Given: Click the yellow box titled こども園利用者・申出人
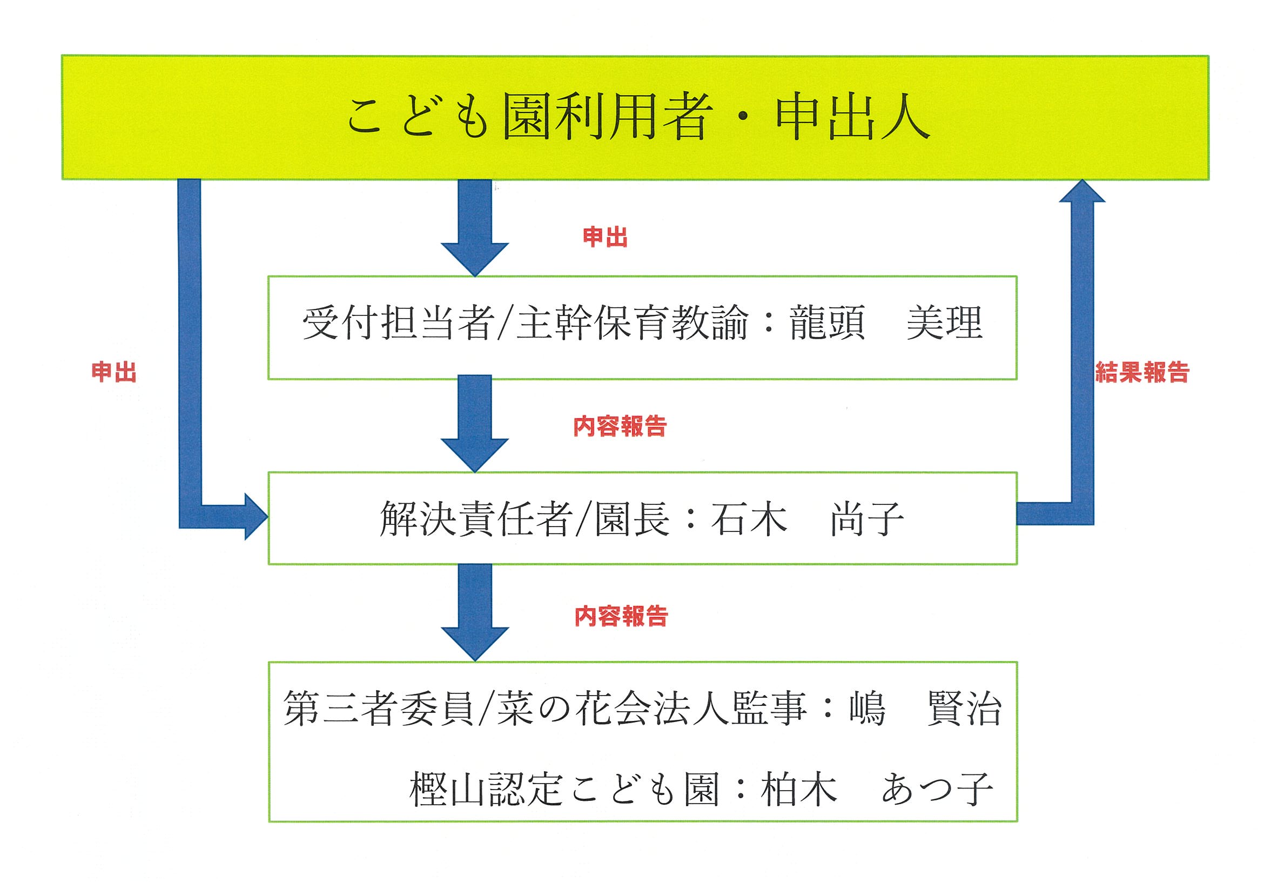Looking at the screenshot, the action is click(635, 117).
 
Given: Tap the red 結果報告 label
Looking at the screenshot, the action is click(1142, 372).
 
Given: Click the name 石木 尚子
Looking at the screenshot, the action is click(807, 518).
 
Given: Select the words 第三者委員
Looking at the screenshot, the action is click(378, 708).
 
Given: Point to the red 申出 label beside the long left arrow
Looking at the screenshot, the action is click(114, 372).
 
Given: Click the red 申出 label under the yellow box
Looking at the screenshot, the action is click(605, 237).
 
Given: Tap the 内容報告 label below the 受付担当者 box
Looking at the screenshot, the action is click(620, 427).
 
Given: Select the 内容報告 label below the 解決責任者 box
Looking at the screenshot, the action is click(621, 616).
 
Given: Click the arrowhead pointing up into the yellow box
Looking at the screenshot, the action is click(1082, 191).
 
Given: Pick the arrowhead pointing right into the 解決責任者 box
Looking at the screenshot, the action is click(256, 516).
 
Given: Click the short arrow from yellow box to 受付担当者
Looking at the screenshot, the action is click(475, 228).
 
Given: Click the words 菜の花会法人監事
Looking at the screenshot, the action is click(653, 708).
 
